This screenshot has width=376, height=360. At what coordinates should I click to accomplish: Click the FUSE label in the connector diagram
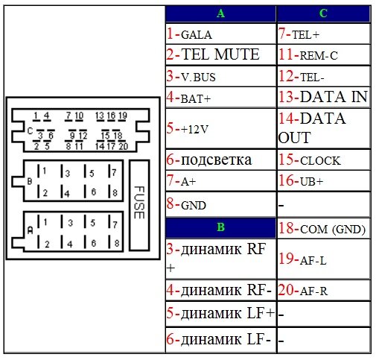click(139, 203)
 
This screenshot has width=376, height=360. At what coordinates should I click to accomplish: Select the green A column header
click(220, 13)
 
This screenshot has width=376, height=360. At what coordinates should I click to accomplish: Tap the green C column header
click(323, 13)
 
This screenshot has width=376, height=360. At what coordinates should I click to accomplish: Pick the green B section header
click(220, 227)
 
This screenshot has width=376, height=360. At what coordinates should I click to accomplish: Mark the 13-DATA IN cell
click(323, 97)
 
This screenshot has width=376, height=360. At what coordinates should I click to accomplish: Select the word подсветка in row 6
click(216, 160)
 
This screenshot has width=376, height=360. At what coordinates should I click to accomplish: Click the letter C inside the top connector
click(30, 130)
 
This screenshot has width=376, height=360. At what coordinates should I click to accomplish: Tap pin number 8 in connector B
click(115, 192)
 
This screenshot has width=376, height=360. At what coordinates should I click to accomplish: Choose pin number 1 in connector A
click(45, 222)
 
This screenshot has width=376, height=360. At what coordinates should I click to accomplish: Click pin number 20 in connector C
click(124, 146)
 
